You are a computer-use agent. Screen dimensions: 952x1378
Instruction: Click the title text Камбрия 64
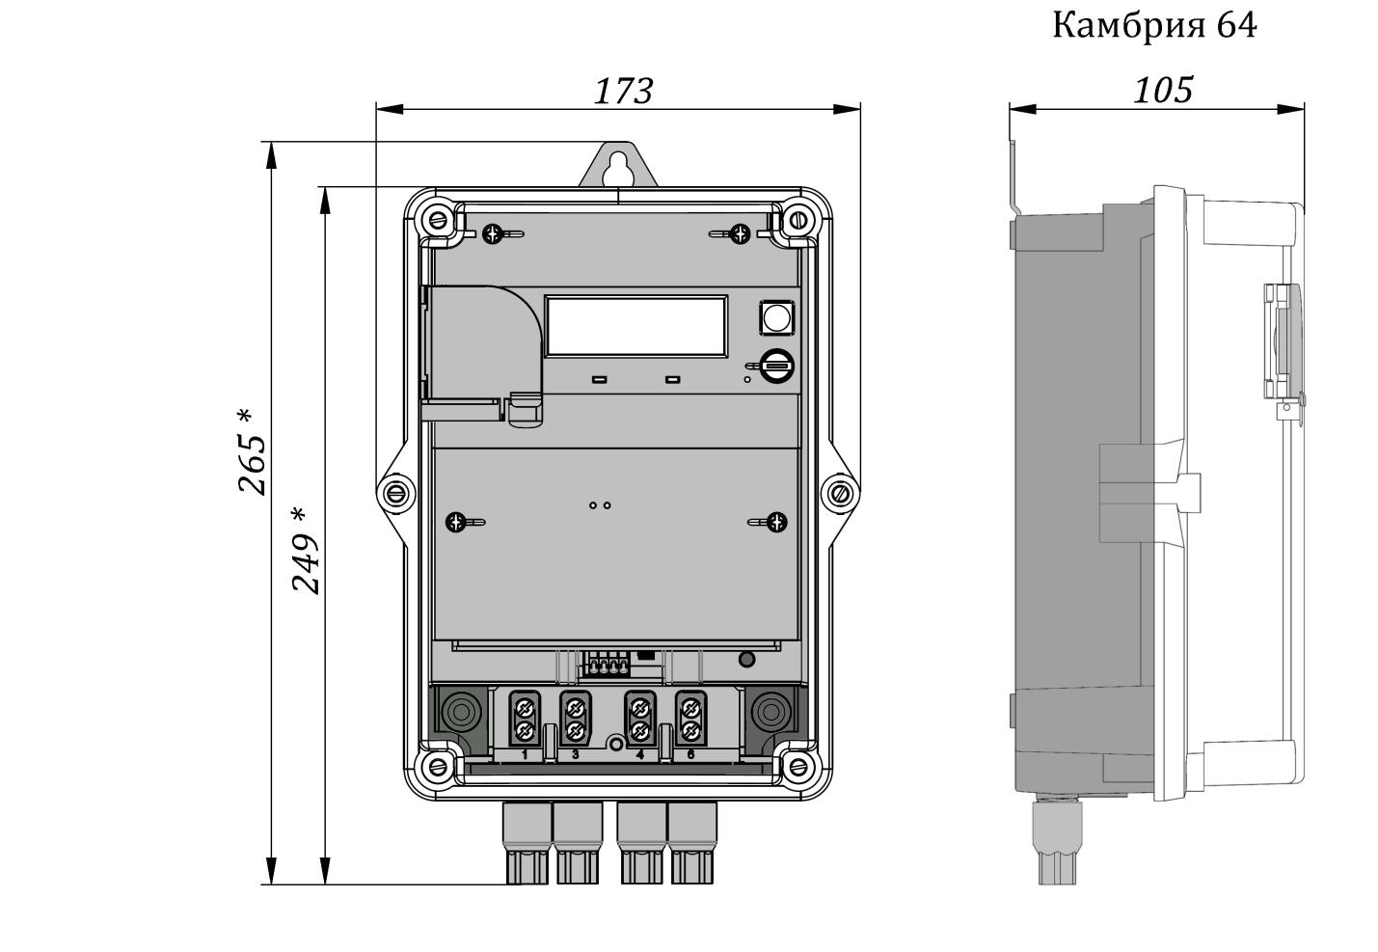point(1153,26)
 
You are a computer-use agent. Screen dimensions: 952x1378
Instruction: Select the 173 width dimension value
point(623,91)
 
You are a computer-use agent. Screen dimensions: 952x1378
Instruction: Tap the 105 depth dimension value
point(1162,90)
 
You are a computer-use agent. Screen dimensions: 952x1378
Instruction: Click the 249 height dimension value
point(306,550)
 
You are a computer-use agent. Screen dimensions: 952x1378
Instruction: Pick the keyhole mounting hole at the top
point(616,167)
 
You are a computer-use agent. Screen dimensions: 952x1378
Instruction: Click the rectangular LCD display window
point(636,326)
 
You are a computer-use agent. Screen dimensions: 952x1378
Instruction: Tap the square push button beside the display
point(776,317)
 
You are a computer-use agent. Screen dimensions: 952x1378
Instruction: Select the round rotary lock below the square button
point(776,366)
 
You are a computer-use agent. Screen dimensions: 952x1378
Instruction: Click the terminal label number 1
point(525,754)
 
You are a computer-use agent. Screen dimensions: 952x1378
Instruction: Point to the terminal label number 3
point(576,754)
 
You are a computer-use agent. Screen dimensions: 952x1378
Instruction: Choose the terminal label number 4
point(640,754)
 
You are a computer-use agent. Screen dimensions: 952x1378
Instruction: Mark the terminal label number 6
point(690,754)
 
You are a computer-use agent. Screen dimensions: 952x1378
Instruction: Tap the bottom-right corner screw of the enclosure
point(797,768)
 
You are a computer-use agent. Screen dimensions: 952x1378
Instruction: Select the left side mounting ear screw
point(394,494)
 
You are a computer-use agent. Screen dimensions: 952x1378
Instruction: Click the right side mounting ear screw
point(840,494)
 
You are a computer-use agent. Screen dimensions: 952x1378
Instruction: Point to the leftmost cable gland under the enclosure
point(526,843)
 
